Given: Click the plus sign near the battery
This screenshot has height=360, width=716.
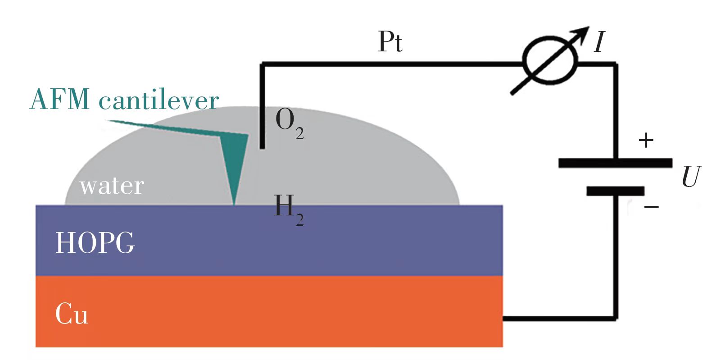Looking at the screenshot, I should click(x=646, y=141).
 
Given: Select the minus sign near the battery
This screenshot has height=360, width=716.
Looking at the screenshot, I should click(x=651, y=207).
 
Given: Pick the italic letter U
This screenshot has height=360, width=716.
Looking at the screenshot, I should click(x=691, y=177).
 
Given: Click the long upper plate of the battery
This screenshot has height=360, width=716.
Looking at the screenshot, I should click(x=615, y=163).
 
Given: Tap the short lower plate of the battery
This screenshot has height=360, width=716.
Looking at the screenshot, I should click(x=615, y=191).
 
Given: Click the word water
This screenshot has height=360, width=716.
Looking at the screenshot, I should click(x=112, y=186).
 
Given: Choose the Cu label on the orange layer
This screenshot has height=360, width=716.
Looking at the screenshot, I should click(x=71, y=314).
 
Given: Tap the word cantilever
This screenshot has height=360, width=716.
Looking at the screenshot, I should click(x=159, y=100).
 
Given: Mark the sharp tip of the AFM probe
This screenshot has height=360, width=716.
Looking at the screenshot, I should click(x=234, y=204).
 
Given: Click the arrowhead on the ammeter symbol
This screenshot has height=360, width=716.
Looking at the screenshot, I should click(x=584, y=31).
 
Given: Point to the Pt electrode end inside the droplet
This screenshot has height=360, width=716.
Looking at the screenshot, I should click(x=262, y=146).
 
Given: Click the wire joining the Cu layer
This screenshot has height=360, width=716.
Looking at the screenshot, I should click(x=558, y=318).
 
